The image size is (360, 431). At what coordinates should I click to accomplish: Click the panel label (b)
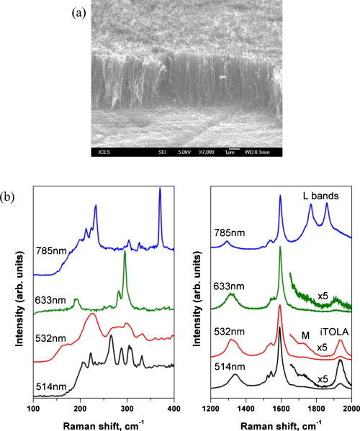[x=13, y=196]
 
